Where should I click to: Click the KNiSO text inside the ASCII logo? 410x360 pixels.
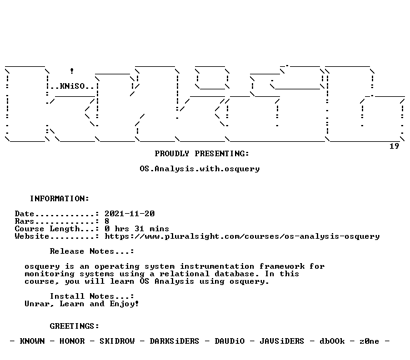[x=72, y=86]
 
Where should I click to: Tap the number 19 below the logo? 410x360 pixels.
[x=394, y=146]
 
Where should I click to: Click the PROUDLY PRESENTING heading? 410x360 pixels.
[x=202, y=154]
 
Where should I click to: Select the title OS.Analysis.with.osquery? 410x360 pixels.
[x=199, y=169]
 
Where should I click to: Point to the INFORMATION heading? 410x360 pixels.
[x=59, y=199]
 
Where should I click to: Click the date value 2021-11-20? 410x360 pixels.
[x=129, y=214]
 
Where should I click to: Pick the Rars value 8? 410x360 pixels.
[x=107, y=221]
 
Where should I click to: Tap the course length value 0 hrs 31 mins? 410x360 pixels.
[x=137, y=229]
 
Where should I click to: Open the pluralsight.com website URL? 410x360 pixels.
[x=242, y=236]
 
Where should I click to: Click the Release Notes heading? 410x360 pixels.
[x=92, y=251]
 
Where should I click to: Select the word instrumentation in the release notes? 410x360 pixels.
[x=217, y=266]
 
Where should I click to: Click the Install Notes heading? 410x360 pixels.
[x=92, y=296]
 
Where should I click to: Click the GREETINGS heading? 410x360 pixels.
[x=74, y=326]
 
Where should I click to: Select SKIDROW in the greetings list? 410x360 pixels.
[x=117, y=341]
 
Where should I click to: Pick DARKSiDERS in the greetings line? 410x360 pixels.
[x=174, y=341]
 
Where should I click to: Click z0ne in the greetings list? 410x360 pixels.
[x=369, y=341]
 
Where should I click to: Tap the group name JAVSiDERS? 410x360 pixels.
[x=282, y=341]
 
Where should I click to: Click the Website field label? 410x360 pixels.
[x=32, y=236]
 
